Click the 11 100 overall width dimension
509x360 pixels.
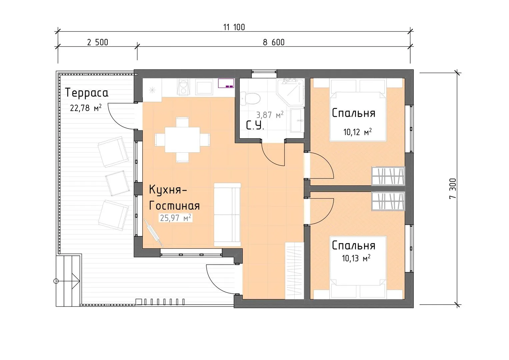tap(234, 27)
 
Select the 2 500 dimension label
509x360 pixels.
tap(98, 43)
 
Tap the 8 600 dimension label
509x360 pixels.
tap(274, 43)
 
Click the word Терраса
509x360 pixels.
tap(87, 93)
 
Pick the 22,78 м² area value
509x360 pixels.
tap(86, 108)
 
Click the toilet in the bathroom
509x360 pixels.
tap(250, 99)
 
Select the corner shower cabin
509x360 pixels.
tap(291, 92)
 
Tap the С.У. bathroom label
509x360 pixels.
tap(255, 125)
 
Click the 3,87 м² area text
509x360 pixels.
tap(270, 115)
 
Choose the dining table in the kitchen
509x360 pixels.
tap(182, 140)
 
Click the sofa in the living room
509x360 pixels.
tap(227, 215)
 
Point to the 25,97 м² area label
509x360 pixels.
tap(175, 218)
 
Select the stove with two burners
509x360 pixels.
tap(184, 87)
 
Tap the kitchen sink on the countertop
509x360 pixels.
tap(204, 87)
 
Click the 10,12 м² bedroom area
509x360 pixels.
tap(357, 132)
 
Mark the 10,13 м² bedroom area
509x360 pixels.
tap(356, 258)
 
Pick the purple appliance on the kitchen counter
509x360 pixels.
tap(226, 83)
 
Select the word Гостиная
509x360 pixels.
tap(174, 206)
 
